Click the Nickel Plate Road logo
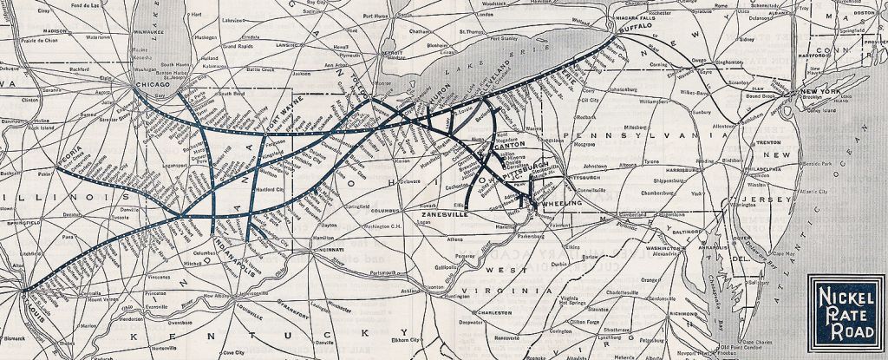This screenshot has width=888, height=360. tap(846, 311)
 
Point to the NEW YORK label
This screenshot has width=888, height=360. tap(821, 91)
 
